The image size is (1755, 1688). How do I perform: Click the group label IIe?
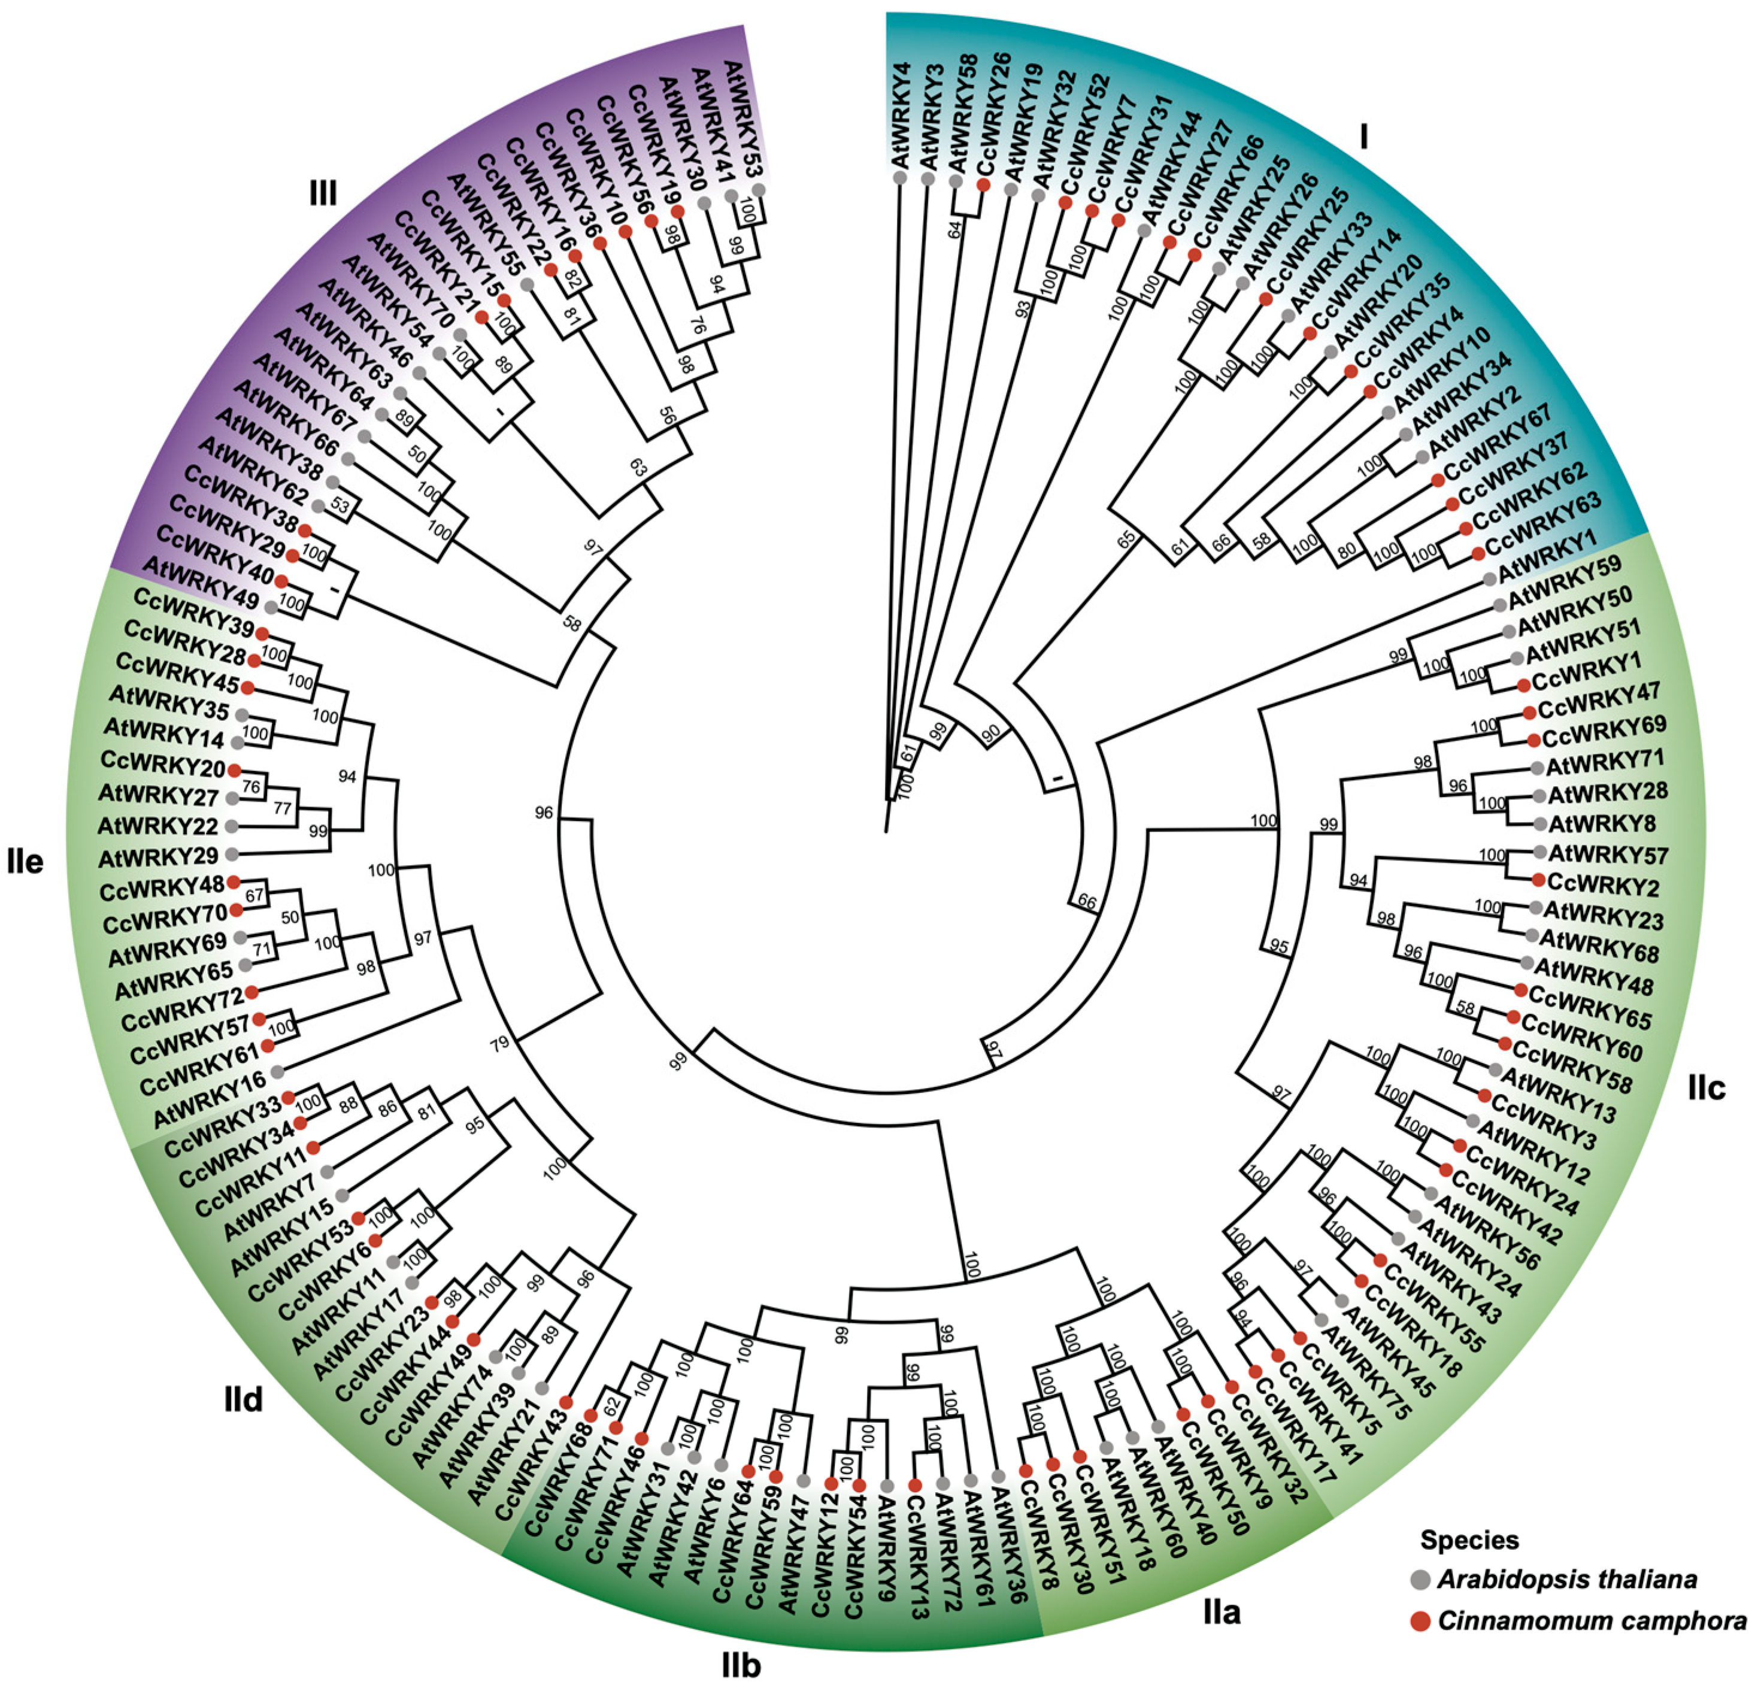tap(25, 862)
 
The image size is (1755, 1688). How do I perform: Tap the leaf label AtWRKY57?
tap(1608, 854)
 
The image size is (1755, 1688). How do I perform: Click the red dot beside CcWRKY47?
tap(1529, 712)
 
